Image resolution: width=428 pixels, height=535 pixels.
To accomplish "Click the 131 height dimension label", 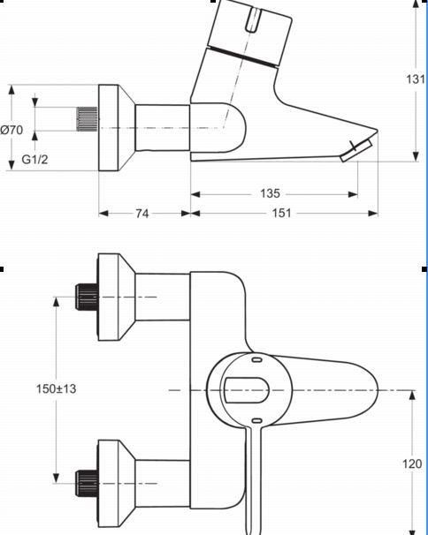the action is pos(415,79).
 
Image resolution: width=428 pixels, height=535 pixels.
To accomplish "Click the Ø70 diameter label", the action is pos(11,130).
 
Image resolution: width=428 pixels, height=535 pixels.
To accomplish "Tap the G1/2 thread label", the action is pos(34,159).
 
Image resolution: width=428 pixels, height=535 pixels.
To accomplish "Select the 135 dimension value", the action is pos(270,193).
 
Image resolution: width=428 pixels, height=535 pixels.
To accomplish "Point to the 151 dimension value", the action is pos(281,214).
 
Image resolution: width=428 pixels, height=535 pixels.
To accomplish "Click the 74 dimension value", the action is pos(142,214).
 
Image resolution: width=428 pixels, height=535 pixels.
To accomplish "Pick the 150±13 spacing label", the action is pos(56,388).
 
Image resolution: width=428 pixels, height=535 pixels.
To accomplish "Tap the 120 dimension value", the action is pos(412,463).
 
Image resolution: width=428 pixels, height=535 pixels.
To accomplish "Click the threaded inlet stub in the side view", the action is pos(87,118).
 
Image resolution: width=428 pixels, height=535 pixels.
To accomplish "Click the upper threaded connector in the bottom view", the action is pos(87,297).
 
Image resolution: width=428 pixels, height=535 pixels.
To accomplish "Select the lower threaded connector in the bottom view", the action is pos(87,483).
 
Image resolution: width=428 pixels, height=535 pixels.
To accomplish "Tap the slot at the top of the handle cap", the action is pos(253,20).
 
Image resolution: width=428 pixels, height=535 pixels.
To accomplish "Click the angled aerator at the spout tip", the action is pos(355,150).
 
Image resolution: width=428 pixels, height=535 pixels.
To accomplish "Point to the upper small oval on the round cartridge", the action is pos(256,359).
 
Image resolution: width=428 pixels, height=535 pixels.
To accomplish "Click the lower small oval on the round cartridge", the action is pos(256,421).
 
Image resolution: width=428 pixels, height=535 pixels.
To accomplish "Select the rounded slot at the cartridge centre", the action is pos(246,390).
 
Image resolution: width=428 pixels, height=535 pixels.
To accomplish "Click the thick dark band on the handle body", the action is pos(242,57).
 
